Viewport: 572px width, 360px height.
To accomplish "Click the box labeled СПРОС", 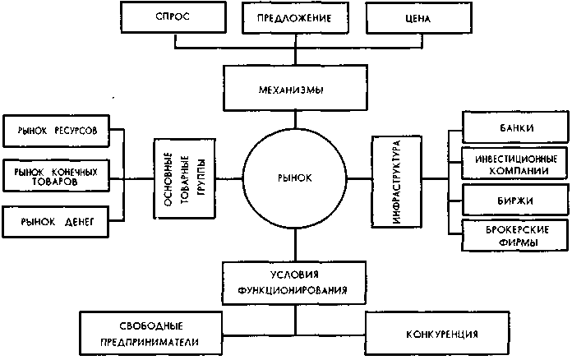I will click(x=170, y=18).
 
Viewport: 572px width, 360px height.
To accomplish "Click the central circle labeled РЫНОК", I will click(x=295, y=177).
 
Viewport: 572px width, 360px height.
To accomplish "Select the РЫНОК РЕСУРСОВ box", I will click(x=56, y=132).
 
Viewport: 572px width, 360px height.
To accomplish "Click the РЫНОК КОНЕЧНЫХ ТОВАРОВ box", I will click(x=56, y=176).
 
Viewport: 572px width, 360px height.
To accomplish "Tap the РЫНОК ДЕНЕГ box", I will click(x=56, y=221).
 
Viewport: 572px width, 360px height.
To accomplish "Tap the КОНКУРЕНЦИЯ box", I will click(x=441, y=335).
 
